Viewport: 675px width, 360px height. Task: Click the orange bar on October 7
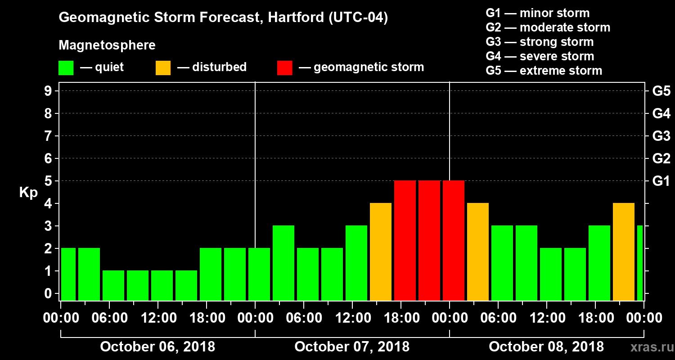[381, 252]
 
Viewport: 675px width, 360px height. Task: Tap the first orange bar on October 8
[478, 252]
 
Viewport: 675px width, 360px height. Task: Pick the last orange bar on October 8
[624, 252]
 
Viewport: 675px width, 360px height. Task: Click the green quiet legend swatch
[66, 68]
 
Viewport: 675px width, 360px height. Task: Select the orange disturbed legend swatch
[163, 68]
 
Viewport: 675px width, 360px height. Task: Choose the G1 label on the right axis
[661, 181]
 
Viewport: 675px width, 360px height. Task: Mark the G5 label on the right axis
[661, 91]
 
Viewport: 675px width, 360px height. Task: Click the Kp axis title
[28, 193]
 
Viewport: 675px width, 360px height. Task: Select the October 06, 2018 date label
[157, 347]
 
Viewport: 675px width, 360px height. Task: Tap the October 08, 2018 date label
[546, 347]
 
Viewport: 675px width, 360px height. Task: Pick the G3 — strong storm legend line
[540, 42]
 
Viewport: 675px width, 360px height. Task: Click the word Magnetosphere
[107, 45]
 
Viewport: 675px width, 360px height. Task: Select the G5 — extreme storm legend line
[544, 71]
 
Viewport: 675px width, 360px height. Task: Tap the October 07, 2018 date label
[352, 347]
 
